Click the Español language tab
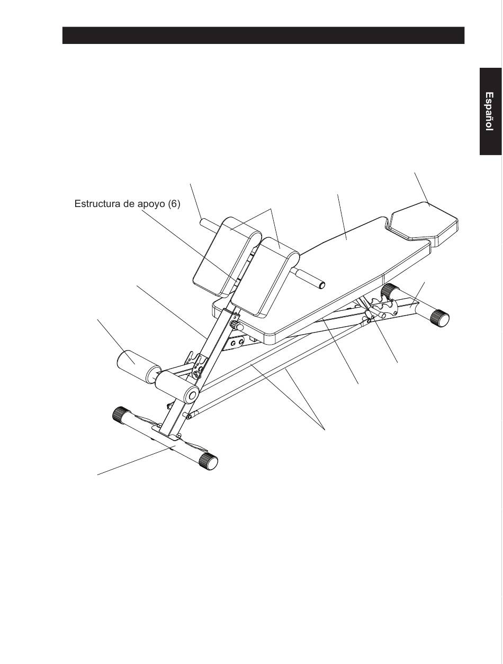(x=490, y=111)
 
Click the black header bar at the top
(x=263, y=35)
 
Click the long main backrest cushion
(x=339, y=265)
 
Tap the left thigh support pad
(x=225, y=254)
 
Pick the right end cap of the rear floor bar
(x=439, y=318)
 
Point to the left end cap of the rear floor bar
(x=390, y=291)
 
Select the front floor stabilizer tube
(x=164, y=437)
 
